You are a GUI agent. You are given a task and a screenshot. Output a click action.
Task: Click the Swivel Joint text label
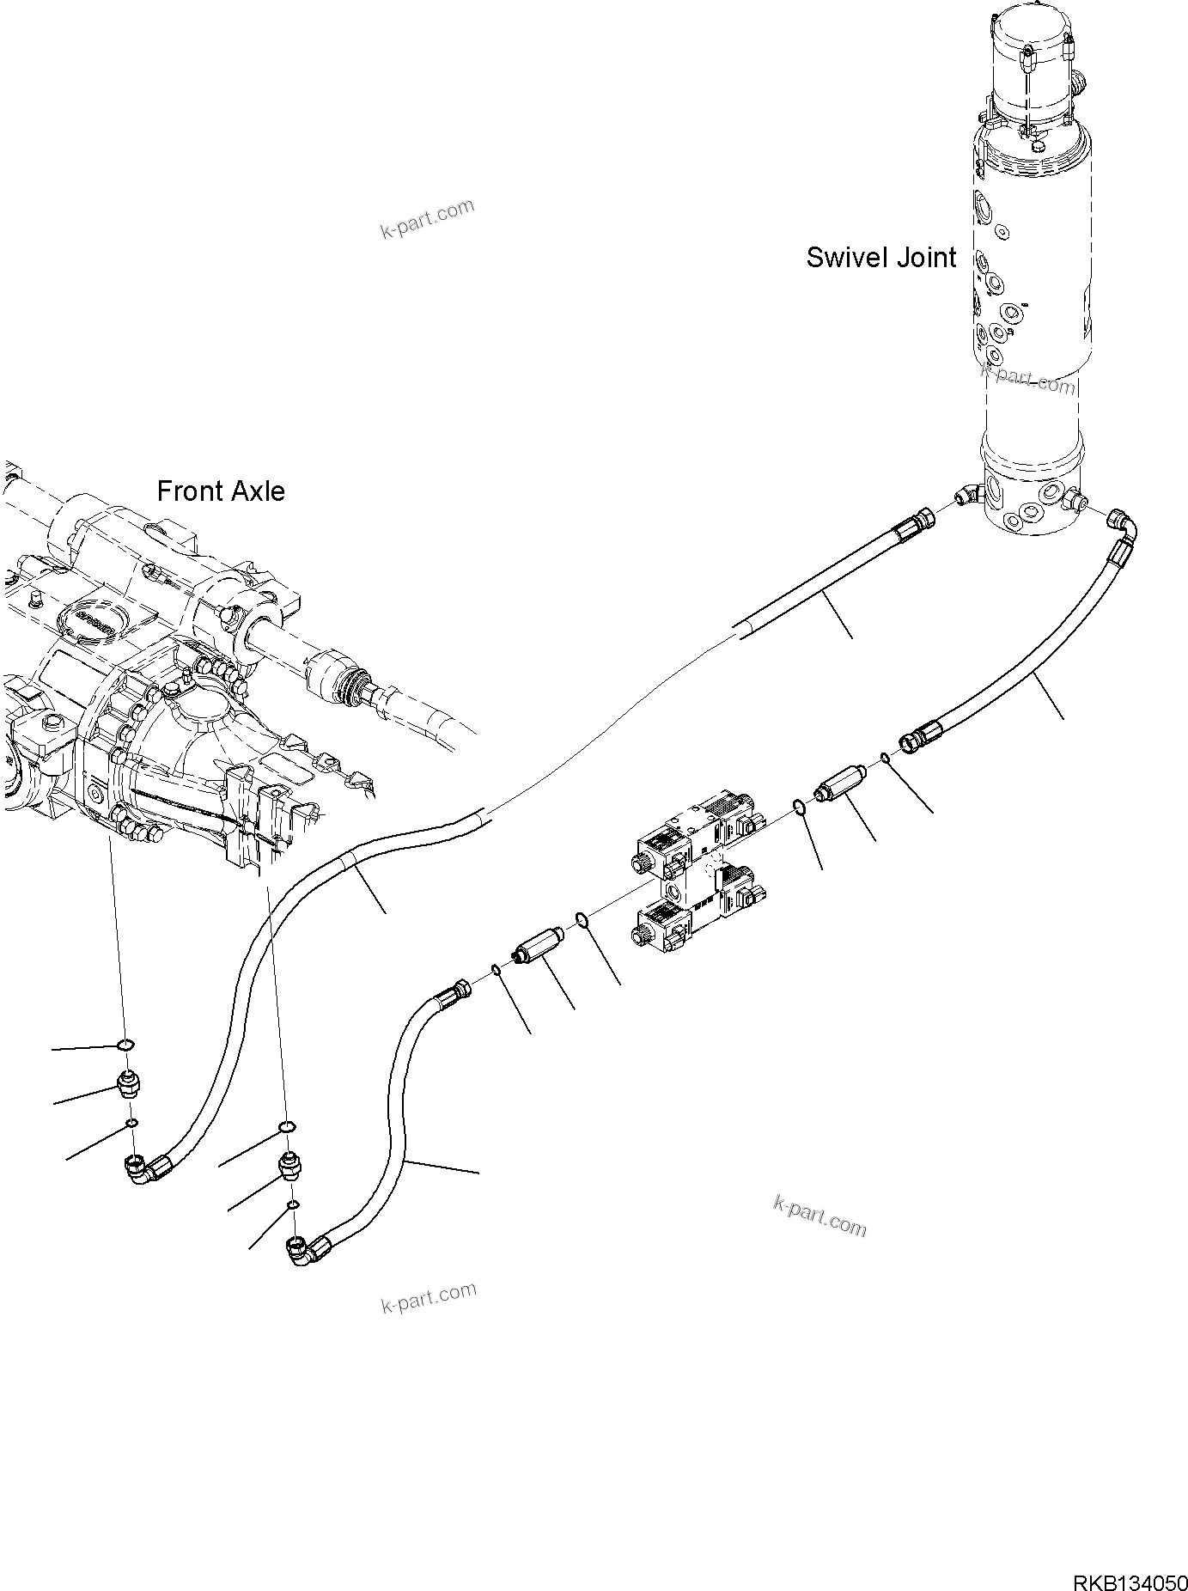(880, 258)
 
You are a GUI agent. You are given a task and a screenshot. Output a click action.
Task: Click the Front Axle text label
(221, 491)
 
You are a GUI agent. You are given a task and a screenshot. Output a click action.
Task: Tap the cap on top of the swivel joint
(1031, 64)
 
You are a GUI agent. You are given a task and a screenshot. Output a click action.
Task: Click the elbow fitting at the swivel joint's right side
(1124, 525)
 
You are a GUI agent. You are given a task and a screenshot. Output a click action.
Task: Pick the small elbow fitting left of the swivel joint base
(967, 497)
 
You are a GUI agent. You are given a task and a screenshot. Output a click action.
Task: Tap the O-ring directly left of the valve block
(582, 921)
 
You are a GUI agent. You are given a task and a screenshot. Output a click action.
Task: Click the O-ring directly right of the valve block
(798, 806)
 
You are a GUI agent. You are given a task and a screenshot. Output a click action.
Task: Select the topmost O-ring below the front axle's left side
(125, 1045)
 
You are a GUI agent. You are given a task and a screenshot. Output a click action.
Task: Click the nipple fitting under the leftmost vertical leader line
(129, 1086)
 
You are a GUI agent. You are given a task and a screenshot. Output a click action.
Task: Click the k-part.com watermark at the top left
(427, 220)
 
